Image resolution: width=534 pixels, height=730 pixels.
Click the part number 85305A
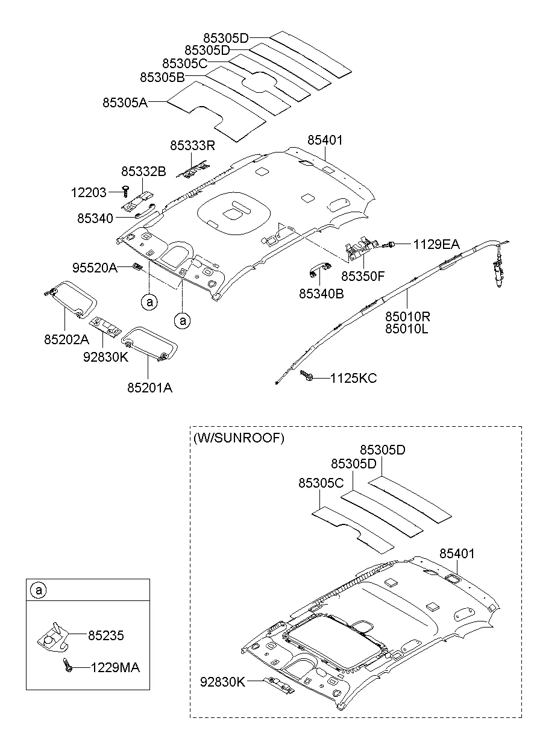coord(125,102)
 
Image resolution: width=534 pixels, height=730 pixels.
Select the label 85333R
coord(192,146)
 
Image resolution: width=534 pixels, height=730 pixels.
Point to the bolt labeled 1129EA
coord(390,244)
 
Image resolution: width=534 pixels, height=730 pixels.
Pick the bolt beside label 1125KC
coord(307,376)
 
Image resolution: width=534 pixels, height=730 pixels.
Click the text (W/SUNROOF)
coord(239,438)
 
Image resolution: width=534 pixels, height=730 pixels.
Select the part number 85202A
coord(66,339)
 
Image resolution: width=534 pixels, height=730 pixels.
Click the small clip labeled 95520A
coord(138,266)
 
